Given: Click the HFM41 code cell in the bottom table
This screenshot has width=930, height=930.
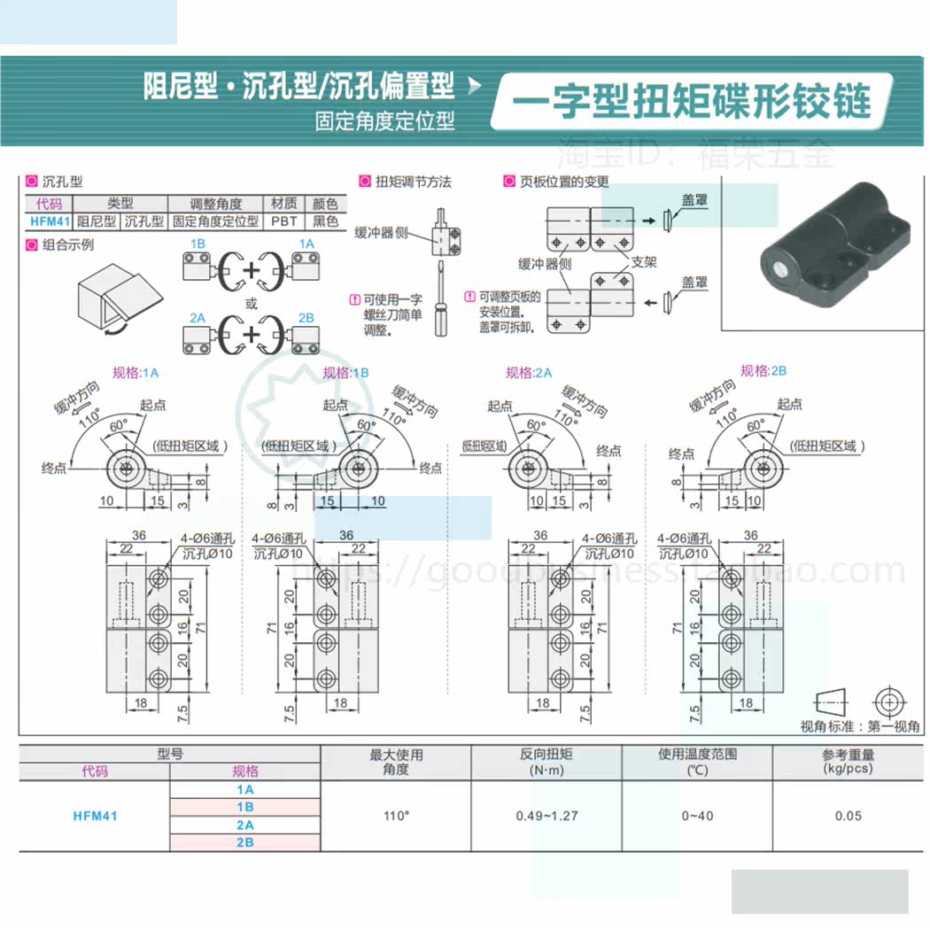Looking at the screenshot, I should click(x=95, y=816).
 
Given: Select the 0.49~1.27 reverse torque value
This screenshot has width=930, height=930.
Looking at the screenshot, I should click(x=546, y=816).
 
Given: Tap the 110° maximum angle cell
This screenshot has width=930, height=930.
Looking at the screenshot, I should click(x=396, y=816).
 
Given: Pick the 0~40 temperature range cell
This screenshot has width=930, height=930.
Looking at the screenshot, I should click(x=697, y=816).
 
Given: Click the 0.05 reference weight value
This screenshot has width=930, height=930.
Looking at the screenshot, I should click(x=848, y=816).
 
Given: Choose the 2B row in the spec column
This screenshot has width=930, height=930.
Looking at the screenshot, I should click(x=244, y=842).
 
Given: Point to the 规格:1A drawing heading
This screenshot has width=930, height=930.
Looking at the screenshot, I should click(x=136, y=373).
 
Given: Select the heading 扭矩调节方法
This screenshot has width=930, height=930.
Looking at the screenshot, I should click(x=413, y=182).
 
